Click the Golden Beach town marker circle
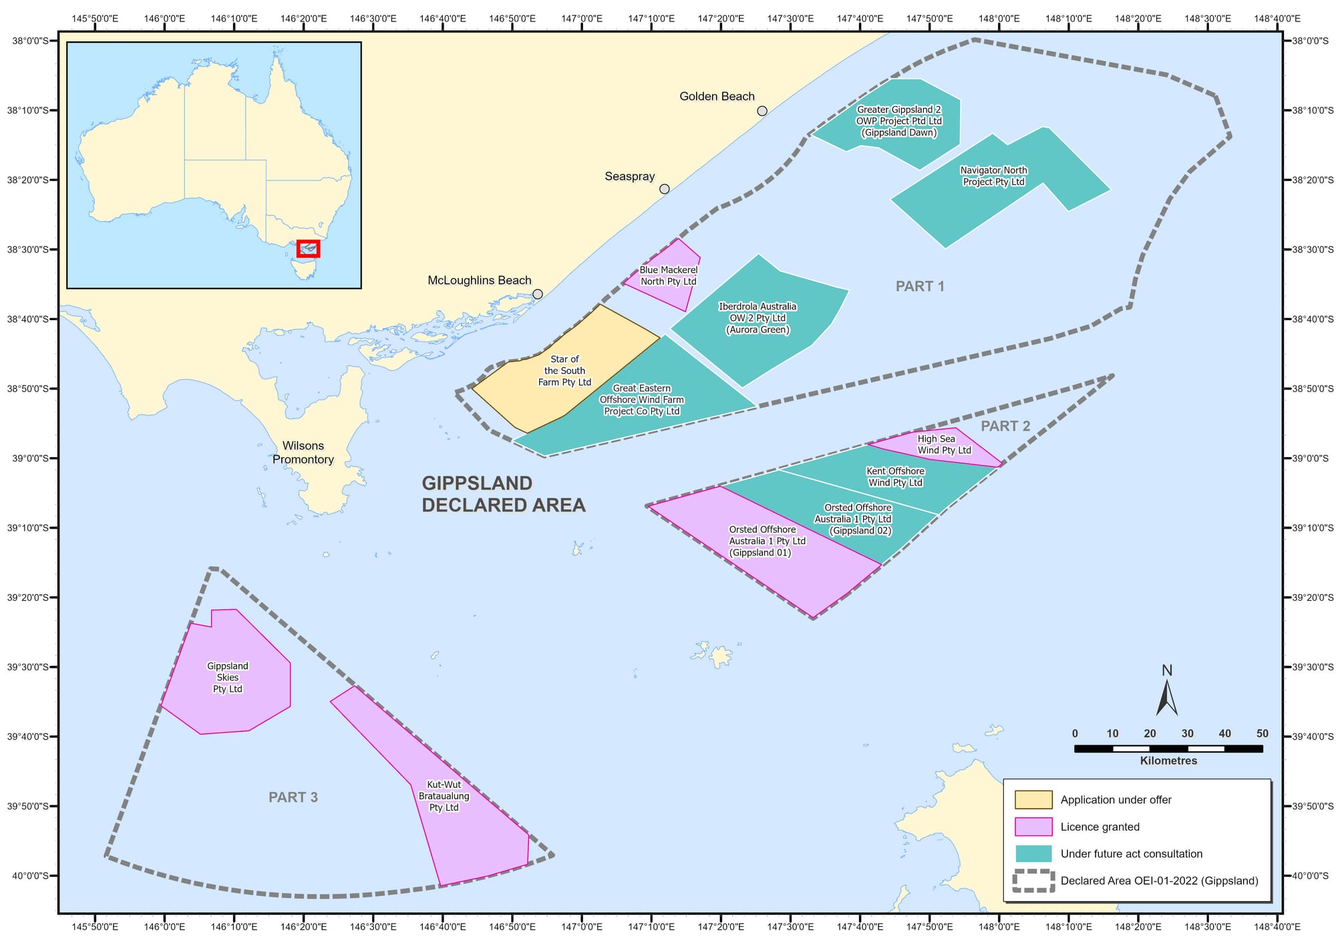point(762,111)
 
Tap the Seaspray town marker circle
point(664,189)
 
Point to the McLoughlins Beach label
point(479,281)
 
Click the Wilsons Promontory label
point(303,452)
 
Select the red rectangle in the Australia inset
point(309,249)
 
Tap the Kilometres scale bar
point(1168,749)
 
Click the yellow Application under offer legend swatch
point(1033,800)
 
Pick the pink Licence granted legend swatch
point(1033,827)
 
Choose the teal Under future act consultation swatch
point(1033,853)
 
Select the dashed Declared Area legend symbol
point(1033,881)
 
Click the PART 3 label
point(293,797)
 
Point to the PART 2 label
point(1005,426)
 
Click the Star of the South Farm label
point(565,371)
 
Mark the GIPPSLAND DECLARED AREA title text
point(503,495)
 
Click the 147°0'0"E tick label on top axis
point(581,19)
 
